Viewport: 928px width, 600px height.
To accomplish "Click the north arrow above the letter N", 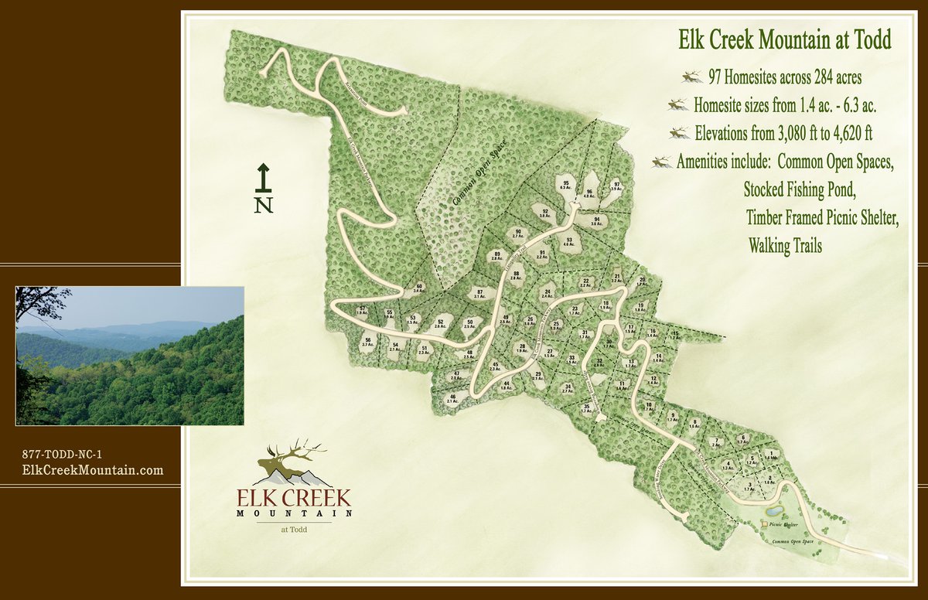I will pos(263,177).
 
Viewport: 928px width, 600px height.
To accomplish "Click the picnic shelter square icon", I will pos(765,523).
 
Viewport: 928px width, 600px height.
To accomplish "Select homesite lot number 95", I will pos(566,184).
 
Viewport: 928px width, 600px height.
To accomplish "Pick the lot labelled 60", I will pos(418,288).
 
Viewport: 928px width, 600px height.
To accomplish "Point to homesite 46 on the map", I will pos(452,398).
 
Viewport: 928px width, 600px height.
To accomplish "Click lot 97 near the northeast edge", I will pos(616,186).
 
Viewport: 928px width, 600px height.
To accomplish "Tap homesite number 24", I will pos(548,294).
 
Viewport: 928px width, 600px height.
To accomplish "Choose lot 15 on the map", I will pos(674,335).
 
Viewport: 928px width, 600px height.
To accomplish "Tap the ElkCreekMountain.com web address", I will pos(93,469).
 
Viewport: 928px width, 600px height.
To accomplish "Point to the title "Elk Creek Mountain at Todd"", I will pos(783,39).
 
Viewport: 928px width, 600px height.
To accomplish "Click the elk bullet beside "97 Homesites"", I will pos(691,77).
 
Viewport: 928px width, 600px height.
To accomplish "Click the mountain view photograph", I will pos(130,356).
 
